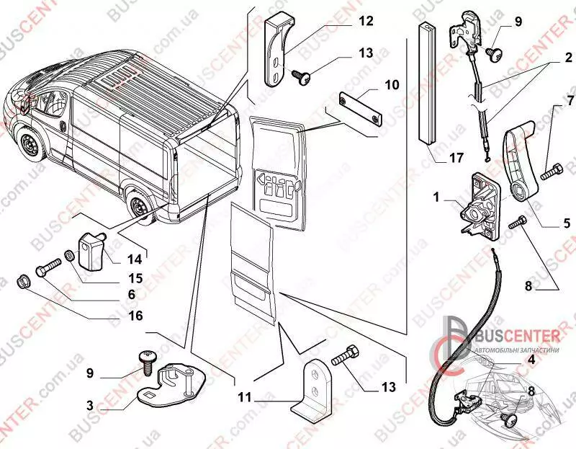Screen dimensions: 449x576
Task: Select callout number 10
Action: [x=392, y=84]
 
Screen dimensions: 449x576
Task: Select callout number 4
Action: [x=531, y=358]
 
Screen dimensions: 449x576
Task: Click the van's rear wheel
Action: [x=138, y=208]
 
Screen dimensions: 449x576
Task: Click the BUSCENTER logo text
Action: [x=516, y=334]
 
